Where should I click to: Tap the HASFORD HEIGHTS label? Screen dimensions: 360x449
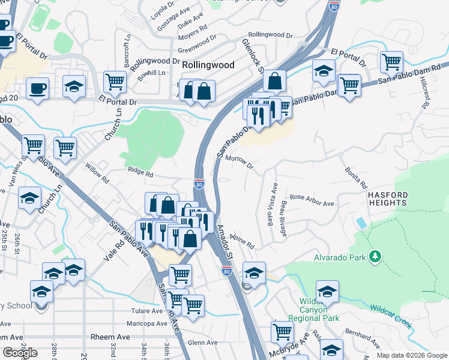(388, 200)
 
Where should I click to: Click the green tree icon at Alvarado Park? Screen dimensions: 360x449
(375, 257)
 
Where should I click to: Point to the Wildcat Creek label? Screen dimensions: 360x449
(390, 316)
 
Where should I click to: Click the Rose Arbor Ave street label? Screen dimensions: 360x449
(312, 200)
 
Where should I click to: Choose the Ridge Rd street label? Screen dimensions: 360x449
(140, 173)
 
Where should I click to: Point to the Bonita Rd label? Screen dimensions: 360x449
(355, 178)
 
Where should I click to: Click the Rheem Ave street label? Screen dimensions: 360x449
(110, 337)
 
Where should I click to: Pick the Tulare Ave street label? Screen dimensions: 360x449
(147, 311)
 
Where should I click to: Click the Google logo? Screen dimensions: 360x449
(20, 353)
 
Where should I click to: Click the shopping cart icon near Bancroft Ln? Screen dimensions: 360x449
(114, 80)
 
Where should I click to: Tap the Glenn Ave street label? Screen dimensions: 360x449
(201, 343)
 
